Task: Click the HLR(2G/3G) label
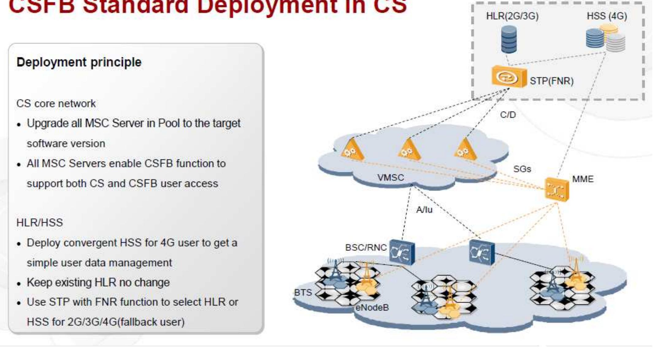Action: pos(512,16)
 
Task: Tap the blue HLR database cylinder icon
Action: pos(509,39)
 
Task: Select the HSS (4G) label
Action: pos(607,16)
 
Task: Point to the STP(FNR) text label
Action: pos(551,81)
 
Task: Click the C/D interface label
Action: pos(508,115)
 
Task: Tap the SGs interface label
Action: pos(522,169)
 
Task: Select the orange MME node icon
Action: pos(557,190)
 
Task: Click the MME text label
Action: pos(583,179)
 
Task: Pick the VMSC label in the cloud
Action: pos(390,178)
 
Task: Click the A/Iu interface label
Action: pos(424,210)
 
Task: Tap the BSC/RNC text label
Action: pos(366,247)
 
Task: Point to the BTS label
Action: pos(303,293)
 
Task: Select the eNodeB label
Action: pos(372,307)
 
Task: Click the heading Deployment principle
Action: pos(79,62)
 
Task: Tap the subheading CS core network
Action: pos(56,104)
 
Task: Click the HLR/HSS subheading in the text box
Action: pos(40,223)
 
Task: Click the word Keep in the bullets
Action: pos(39,282)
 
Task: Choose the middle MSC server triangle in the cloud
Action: pos(409,150)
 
